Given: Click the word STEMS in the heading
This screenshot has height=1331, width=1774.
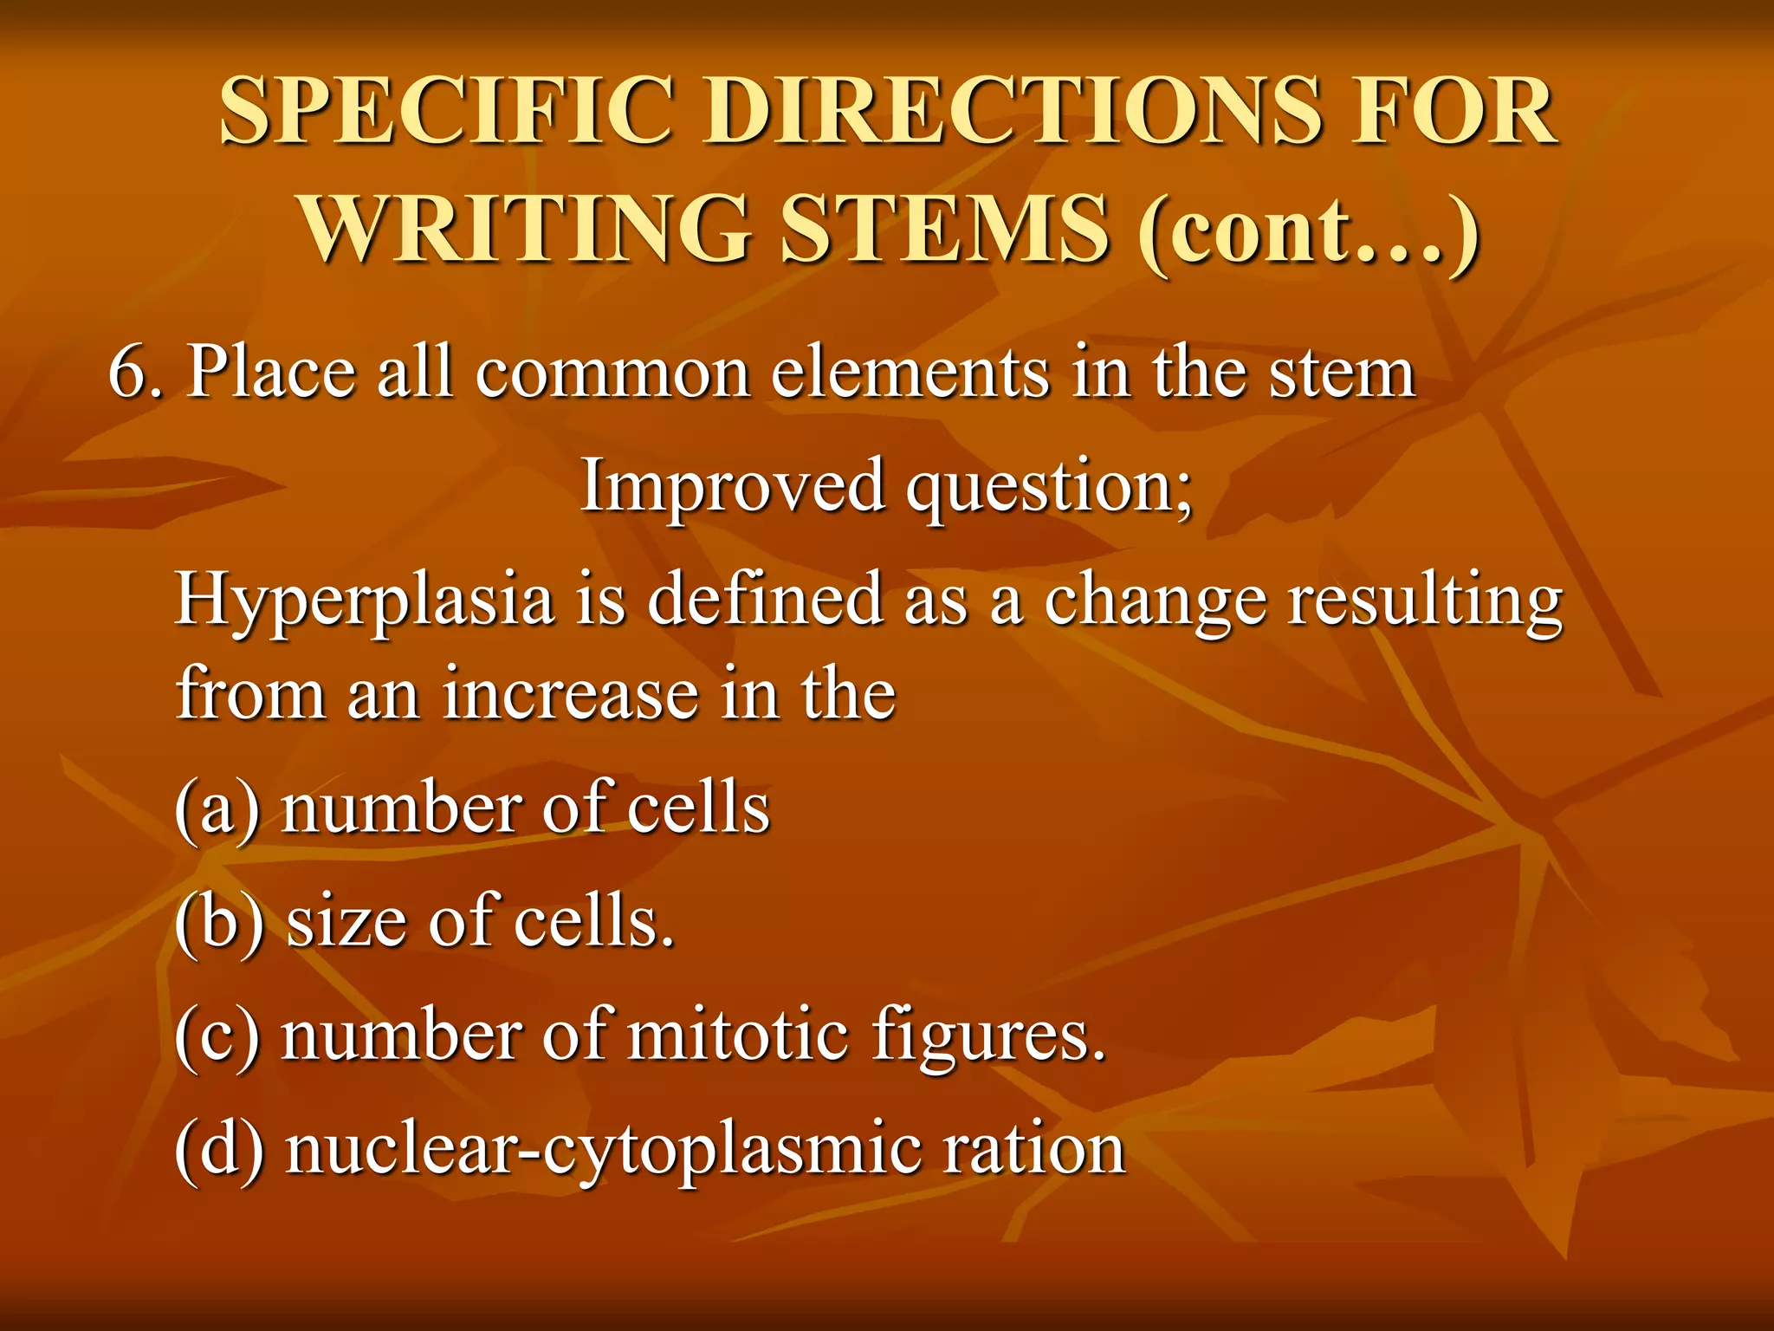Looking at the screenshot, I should (945, 229).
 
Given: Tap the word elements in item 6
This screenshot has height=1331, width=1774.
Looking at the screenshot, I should (910, 373).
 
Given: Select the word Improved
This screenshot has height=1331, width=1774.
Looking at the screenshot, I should (733, 486).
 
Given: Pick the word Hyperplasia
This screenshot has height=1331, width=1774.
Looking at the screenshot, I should (364, 602).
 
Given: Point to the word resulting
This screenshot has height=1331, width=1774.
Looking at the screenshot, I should (1425, 602).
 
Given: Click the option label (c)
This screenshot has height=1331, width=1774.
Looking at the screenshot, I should (217, 1036).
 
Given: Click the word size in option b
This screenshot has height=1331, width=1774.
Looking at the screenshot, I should (347, 922).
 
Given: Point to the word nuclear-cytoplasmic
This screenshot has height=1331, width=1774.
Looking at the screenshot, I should (601, 1152).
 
